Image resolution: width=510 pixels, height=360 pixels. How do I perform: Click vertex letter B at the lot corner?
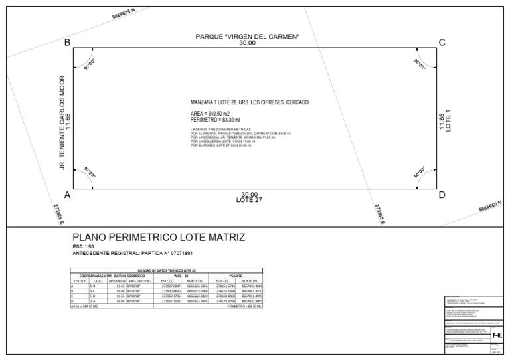pos(66,43)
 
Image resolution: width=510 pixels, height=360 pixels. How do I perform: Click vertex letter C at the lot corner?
pos(442,43)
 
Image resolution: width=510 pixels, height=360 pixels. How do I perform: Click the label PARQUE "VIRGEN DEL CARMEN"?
pos(247,35)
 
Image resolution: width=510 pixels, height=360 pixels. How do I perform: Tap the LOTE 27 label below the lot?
pos(250,200)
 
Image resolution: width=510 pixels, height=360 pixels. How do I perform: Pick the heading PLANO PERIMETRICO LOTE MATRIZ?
pos(158,238)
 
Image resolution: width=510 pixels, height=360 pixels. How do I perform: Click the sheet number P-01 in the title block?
pos(497,336)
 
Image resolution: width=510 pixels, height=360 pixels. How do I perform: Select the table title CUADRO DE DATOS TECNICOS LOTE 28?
pos(167,271)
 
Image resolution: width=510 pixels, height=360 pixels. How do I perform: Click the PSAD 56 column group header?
pos(235,276)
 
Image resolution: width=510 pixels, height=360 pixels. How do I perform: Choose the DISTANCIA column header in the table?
pos(117,281)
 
